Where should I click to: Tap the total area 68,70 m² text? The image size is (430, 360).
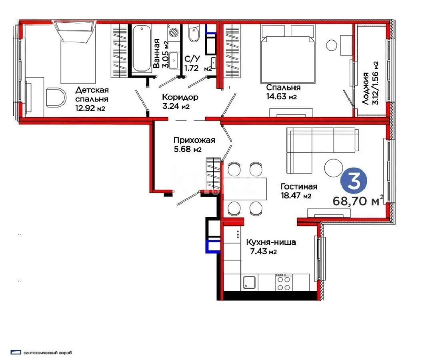(x=358, y=200)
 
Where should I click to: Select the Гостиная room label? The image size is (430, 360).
(x=299, y=187)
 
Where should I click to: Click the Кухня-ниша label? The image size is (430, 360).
(x=271, y=242)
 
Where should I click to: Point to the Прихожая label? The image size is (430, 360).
(x=194, y=140)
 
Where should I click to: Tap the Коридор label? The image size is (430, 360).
(x=180, y=97)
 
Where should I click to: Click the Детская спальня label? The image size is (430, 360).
(x=92, y=94)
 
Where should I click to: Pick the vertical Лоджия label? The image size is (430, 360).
(x=366, y=89)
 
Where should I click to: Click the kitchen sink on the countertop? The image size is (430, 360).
(x=249, y=282)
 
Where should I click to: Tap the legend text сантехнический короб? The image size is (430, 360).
(x=48, y=353)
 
